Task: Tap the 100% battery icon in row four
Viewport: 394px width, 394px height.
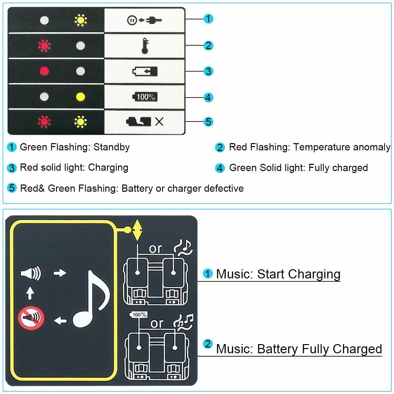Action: [x=144, y=97]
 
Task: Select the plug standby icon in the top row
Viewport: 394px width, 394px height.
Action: [x=144, y=20]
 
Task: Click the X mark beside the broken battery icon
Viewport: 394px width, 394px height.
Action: [x=159, y=122]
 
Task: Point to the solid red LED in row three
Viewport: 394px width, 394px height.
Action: [x=44, y=71]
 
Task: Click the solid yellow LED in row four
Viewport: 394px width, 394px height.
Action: [x=80, y=97]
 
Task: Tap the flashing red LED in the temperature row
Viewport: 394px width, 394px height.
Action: [x=44, y=45]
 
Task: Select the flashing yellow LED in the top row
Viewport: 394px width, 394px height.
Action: [x=80, y=20]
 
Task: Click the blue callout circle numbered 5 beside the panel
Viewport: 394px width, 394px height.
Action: [x=208, y=122]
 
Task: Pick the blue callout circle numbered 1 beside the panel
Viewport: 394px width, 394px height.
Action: [x=208, y=19]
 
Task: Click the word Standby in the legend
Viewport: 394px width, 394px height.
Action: [x=112, y=147]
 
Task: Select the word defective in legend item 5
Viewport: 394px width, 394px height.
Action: [x=224, y=188]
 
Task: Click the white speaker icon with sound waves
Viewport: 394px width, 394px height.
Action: [x=31, y=273]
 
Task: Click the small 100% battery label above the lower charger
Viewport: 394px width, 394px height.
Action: [x=139, y=315]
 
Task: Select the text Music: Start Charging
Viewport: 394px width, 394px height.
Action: [x=278, y=274]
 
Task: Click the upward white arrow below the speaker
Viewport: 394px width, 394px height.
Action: [x=30, y=293]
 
